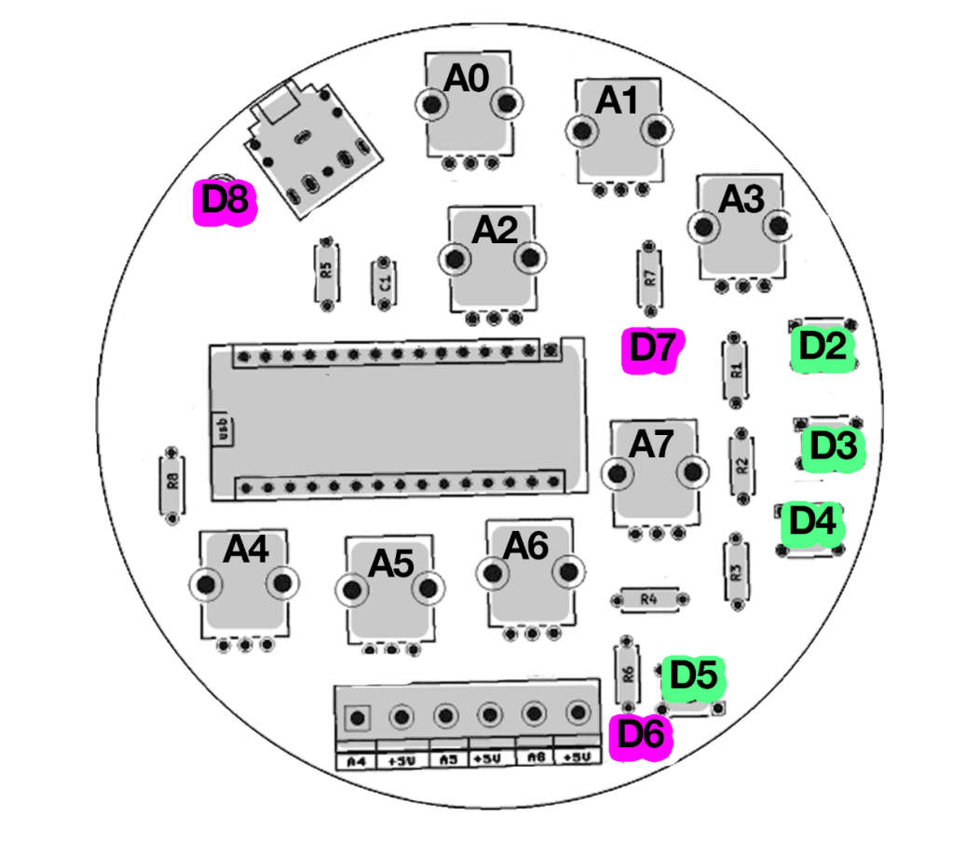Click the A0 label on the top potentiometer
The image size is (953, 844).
tap(466, 80)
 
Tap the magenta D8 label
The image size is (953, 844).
tap(224, 202)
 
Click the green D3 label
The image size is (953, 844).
tap(832, 447)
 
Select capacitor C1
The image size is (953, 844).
tap(384, 281)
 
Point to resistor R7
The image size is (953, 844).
tap(650, 277)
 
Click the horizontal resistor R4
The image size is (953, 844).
tap(649, 600)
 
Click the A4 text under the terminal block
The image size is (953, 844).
tap(355, 760)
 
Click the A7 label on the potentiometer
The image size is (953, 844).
tap(650, 445)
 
